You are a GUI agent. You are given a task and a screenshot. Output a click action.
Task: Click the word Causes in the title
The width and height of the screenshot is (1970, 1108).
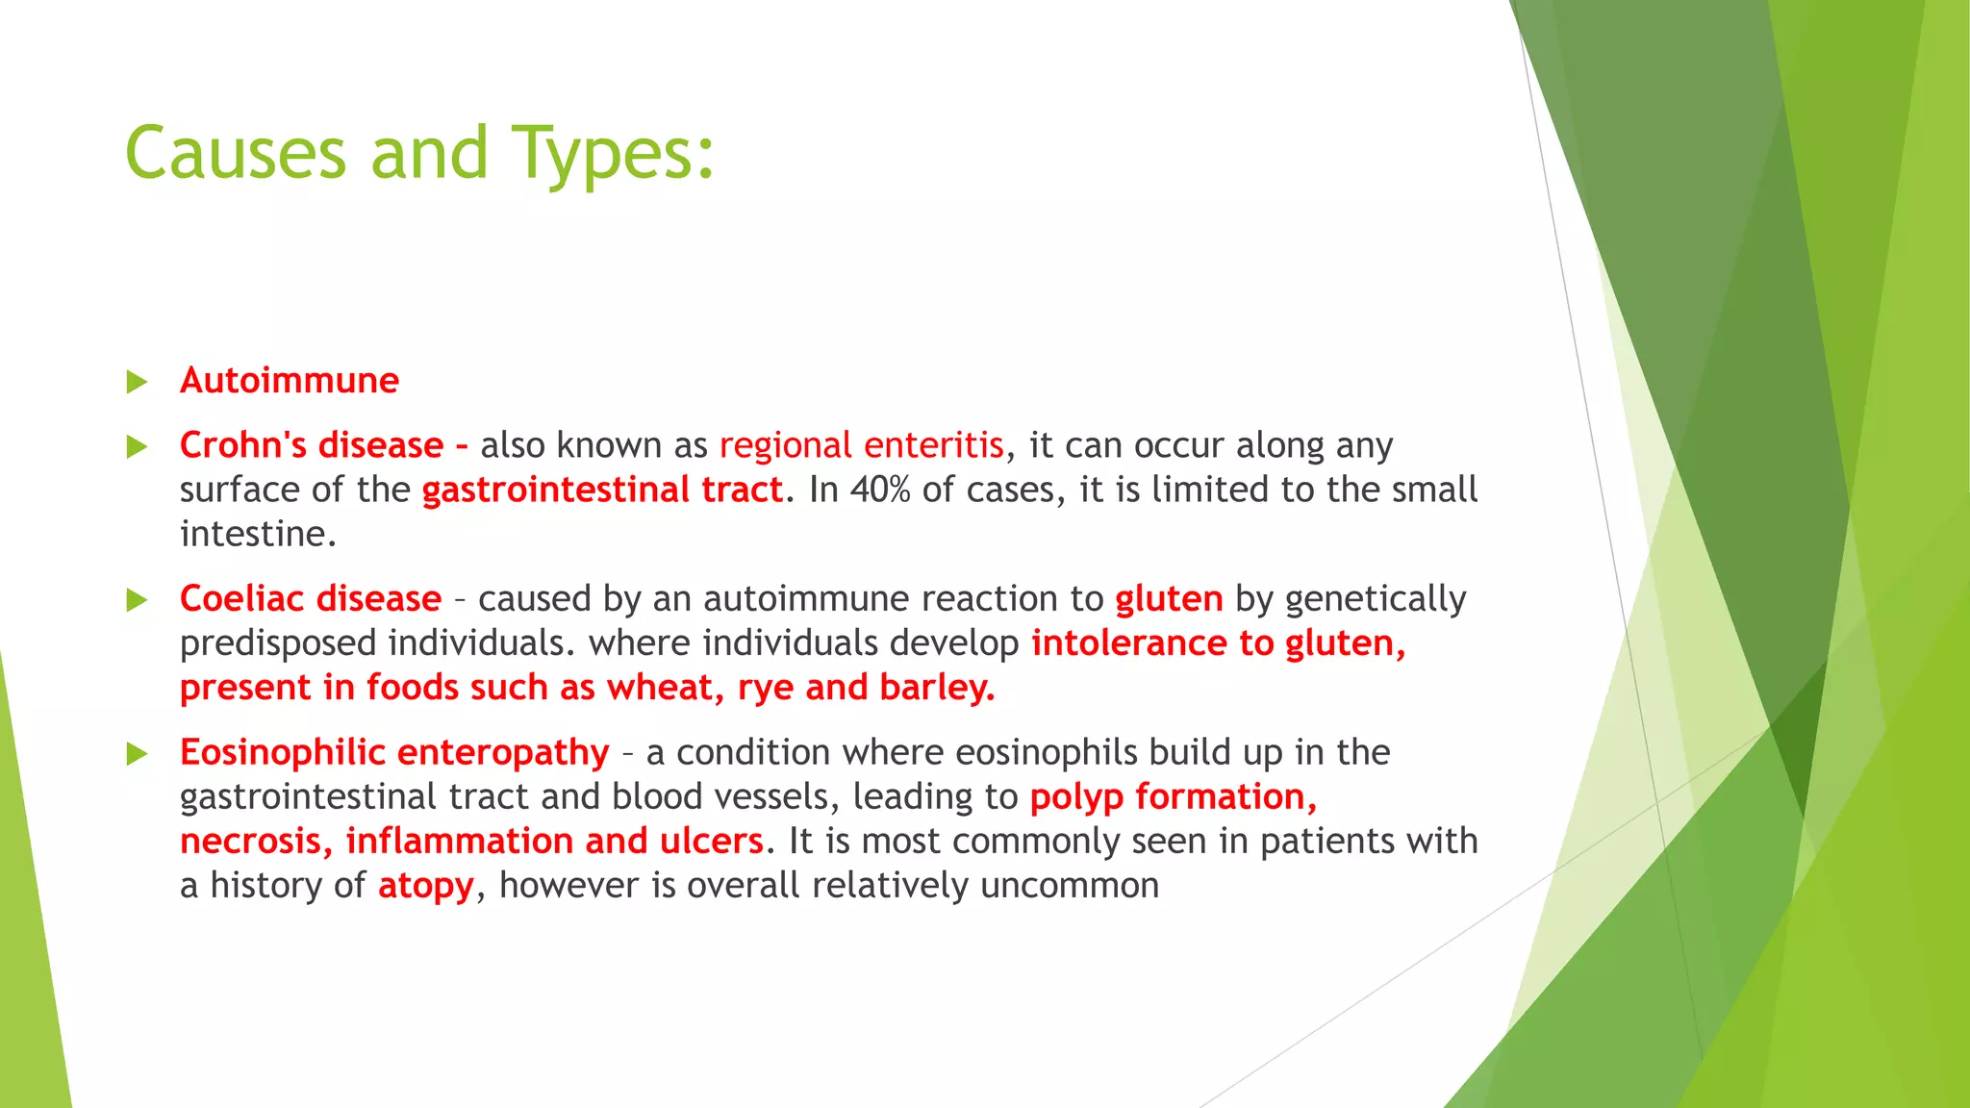click(x=235, y=154)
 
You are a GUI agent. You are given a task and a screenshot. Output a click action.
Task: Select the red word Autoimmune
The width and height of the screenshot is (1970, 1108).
click(x=289, y=381)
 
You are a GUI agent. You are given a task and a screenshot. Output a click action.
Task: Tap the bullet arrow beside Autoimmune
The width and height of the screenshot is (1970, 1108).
click(x=138, y=382)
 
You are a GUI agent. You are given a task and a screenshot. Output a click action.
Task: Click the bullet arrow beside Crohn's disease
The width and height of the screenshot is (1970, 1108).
click(x=138, y=446)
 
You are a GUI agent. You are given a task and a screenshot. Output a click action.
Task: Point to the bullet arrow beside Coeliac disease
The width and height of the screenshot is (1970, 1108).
click(x=138, y=600)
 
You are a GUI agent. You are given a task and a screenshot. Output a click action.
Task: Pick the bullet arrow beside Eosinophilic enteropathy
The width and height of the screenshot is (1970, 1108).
click(x=138, y=753)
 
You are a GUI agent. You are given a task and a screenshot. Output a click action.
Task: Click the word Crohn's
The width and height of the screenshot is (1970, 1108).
click(x=243, y=445)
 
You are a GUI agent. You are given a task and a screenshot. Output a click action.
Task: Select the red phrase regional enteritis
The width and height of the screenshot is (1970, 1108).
click(x=861, y=445)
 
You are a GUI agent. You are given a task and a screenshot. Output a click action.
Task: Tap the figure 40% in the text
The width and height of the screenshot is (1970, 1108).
click(x=879, y=490)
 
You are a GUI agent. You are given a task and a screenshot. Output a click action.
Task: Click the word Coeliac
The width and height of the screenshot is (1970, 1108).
click(x=241, y=599)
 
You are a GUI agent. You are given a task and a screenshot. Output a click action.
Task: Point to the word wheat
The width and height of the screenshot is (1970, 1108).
click(x=664, y=688)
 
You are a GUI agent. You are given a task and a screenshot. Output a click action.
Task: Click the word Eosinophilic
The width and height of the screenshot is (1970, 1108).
click(x=282, y=753)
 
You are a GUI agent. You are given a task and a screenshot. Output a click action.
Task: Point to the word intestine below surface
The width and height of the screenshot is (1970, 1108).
click(x=258, y=534)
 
